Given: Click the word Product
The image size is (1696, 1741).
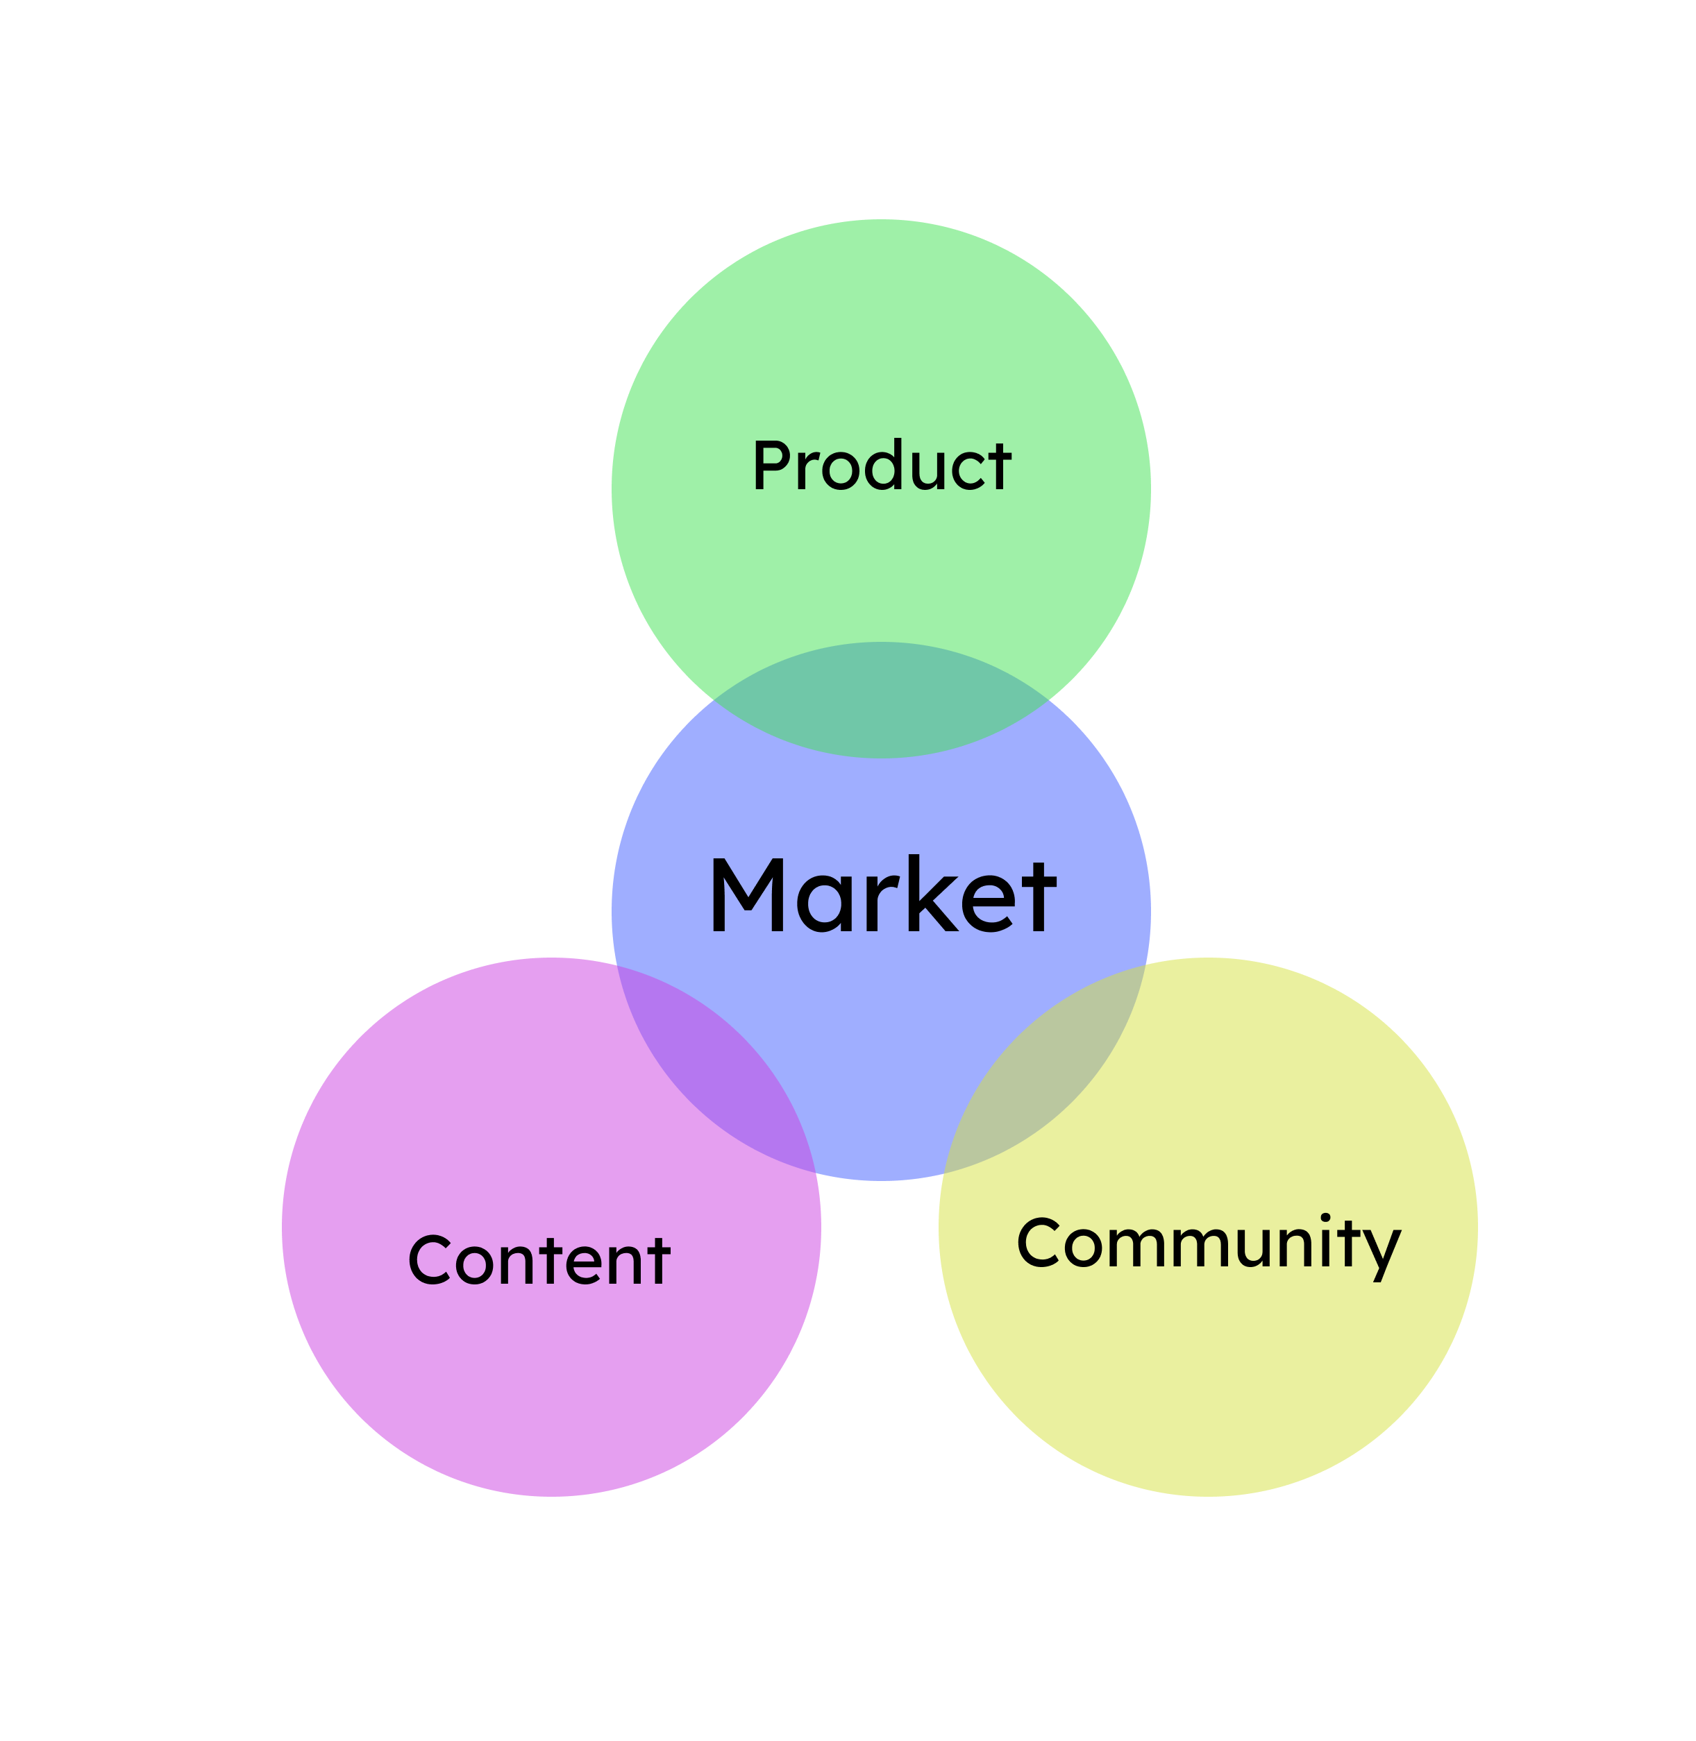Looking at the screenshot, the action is tap(882, 465).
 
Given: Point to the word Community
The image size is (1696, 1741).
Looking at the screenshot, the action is tap(1209, 1243).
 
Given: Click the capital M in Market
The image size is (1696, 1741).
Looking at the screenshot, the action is tap(748, 895).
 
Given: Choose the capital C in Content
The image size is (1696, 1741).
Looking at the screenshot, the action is tap(429, 1259).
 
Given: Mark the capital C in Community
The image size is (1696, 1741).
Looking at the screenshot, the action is tap(1038, 1241).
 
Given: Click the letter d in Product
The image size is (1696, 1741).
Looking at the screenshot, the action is tap(884, 465).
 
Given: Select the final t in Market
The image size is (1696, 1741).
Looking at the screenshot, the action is tap(1039, 898).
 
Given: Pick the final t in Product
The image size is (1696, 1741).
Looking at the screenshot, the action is tap(1000, 466).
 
